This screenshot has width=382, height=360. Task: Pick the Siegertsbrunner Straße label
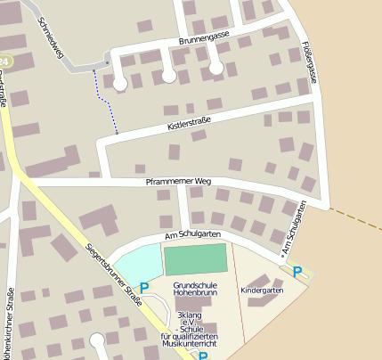click(116, 276)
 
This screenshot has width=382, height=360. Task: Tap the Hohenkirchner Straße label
click(11, 321)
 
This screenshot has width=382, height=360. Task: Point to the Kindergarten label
click(262, 290)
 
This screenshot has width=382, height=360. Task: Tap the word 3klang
click(191, 315)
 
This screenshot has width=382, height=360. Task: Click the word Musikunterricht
click(190, 343)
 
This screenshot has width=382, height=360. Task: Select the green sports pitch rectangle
click(196, 258)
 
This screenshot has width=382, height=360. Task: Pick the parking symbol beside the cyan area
click(144, 289)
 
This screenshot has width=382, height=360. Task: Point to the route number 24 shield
click(4, 61)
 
